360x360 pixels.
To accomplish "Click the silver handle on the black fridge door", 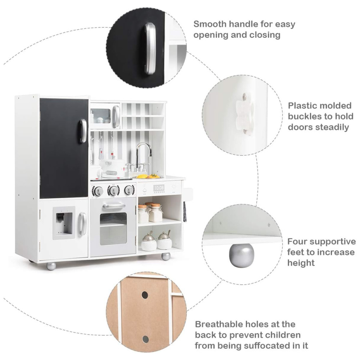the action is pos(83,131).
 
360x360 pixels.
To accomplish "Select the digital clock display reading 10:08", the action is pos(159,188).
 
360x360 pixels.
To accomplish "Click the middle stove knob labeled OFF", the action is pos(113,190).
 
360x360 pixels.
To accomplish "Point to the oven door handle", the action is pos(114,206).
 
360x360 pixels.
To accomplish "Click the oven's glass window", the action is pos(113,228).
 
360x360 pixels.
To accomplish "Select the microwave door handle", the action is pos(116,116).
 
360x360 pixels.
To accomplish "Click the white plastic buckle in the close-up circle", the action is pos(244,114).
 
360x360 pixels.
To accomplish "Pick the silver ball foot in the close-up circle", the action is pos(241,255).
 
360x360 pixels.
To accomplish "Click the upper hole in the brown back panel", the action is pos(145,295).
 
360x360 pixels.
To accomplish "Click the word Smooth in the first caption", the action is pos(210,24).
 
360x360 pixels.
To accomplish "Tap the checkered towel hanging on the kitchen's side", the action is pos(185,211).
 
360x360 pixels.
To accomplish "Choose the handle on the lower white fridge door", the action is pos(83,224).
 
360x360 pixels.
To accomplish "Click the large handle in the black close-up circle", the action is pos(150,48).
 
